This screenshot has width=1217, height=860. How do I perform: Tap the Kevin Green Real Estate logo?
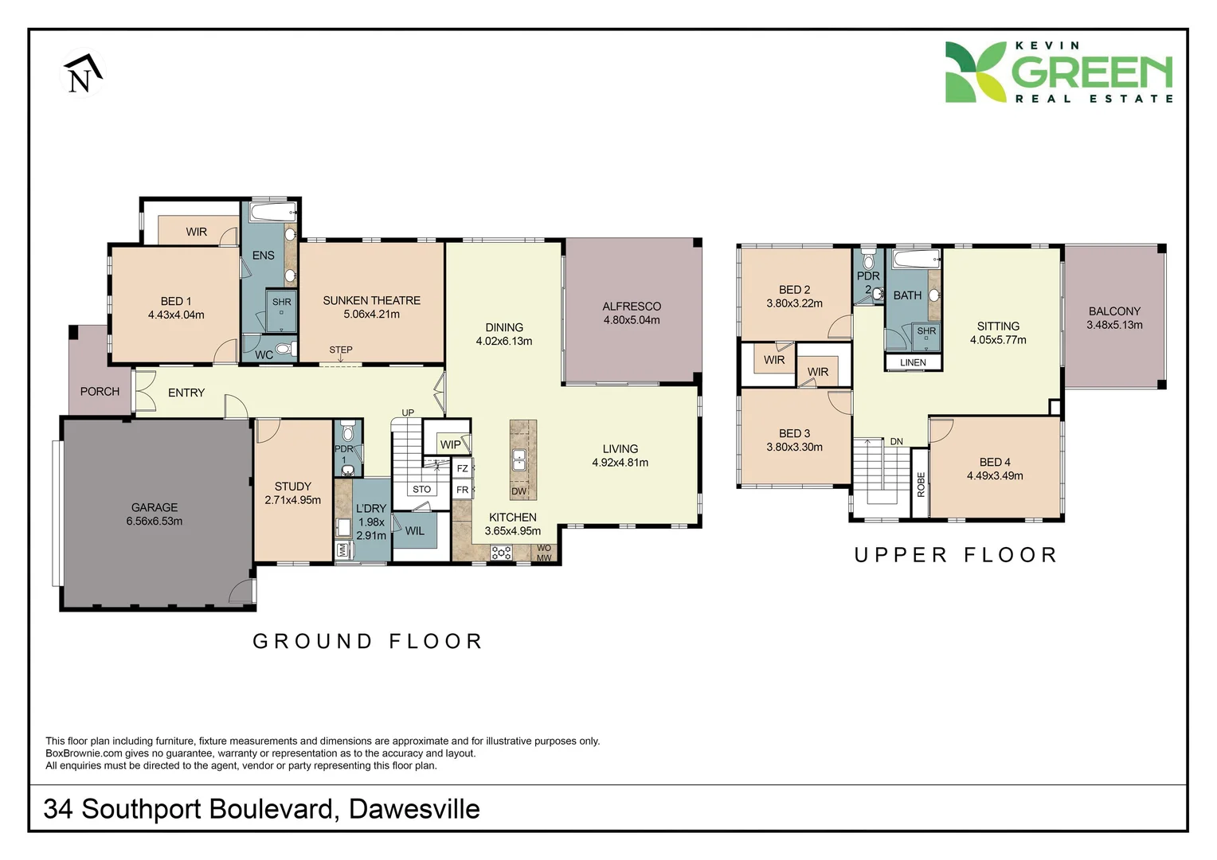pyautogui.click(x=1058, y=72)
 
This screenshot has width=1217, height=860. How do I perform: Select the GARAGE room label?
pyautogui.click(x=155, y=507)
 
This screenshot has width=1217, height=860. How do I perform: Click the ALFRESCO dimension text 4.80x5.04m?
pyautogui.click(x=632, y=320)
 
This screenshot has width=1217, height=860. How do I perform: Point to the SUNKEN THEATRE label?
pyautogui.click(x=371, y=300)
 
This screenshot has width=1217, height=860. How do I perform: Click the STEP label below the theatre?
pyautogui.click(x=341, y=350)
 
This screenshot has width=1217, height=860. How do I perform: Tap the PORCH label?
pyautogui.click(x=100, y=392)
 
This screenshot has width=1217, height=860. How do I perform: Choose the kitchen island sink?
pyautogui.click(x=519, y=459)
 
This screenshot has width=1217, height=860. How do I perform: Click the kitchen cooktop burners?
pyautogui.click(x=501, y=553)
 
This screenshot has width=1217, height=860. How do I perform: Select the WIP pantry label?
pyautogui.click(x=450, y=445)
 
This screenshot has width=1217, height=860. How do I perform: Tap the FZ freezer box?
pyautogui.click(x=463, y=468)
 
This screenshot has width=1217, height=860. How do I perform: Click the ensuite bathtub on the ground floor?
pyautogui.click(x=272, y=213)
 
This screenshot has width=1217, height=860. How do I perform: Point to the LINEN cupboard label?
pyautogui.click(x=913, y=362)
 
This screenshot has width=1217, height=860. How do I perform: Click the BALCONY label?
pyautogui.click(x=1114, y=311)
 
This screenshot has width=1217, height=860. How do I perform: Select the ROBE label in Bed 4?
pyautogui.click(x=921, y=484)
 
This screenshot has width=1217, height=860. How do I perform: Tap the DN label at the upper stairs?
pyautogui.click(x=897, y=441)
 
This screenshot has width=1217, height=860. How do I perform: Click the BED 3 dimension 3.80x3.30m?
pyautogui.click(x=794, y=447)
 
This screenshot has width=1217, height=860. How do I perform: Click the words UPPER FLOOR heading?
pyautogui.click(x=956, y=555)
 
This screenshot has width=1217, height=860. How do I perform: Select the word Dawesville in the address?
pyautogui.click(x=414, y=809)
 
